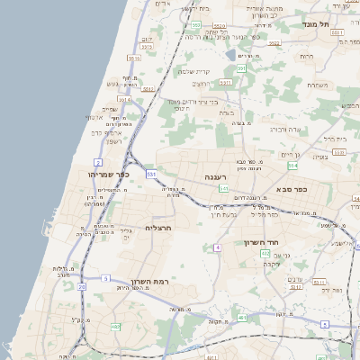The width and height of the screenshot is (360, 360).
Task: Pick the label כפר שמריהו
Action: click(109, 174)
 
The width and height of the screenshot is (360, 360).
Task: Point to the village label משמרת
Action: click(317, 85)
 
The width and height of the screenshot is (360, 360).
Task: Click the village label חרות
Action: click(307, 56)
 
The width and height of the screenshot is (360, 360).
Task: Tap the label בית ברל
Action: click(334, 139)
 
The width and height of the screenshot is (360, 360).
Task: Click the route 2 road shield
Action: click(96, 162)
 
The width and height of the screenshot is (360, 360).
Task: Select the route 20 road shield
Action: click(81, 286)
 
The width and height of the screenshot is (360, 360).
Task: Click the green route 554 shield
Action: click(292, 166)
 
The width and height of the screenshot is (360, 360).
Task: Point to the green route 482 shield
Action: click(114, 326)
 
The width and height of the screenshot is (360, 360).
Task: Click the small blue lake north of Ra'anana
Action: click(231, 55)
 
